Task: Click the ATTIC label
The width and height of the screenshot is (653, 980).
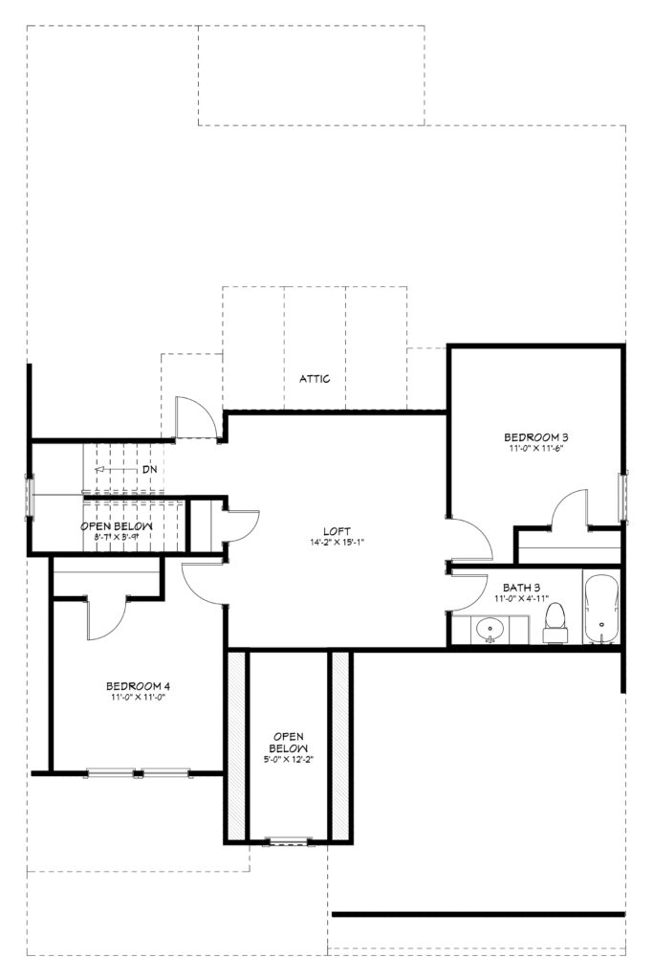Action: [315, 379]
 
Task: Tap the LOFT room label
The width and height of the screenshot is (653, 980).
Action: [337, 531]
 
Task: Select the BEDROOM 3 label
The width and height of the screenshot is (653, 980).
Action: [536, 437]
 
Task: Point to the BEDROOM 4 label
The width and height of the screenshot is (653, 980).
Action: [138, 685]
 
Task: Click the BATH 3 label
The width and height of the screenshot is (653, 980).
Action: [521, 588]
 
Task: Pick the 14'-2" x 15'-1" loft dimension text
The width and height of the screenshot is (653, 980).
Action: [337, 543]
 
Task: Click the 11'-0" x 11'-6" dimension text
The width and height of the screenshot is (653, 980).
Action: [536, 448]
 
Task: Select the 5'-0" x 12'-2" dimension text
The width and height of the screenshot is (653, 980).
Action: [289, 759]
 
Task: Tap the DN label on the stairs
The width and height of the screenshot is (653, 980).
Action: [149, 469]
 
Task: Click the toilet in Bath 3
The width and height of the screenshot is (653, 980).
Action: [555, 623]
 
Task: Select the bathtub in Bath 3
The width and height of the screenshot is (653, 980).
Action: [601, 608]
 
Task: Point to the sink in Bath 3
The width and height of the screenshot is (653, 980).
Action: [490, 628]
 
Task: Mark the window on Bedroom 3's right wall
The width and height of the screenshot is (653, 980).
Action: [622, 497]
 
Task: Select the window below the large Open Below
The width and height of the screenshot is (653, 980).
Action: [288, 840]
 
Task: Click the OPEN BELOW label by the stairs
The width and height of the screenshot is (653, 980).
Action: [116, 527]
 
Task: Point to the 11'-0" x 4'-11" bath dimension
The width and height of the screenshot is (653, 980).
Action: [521, 598]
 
